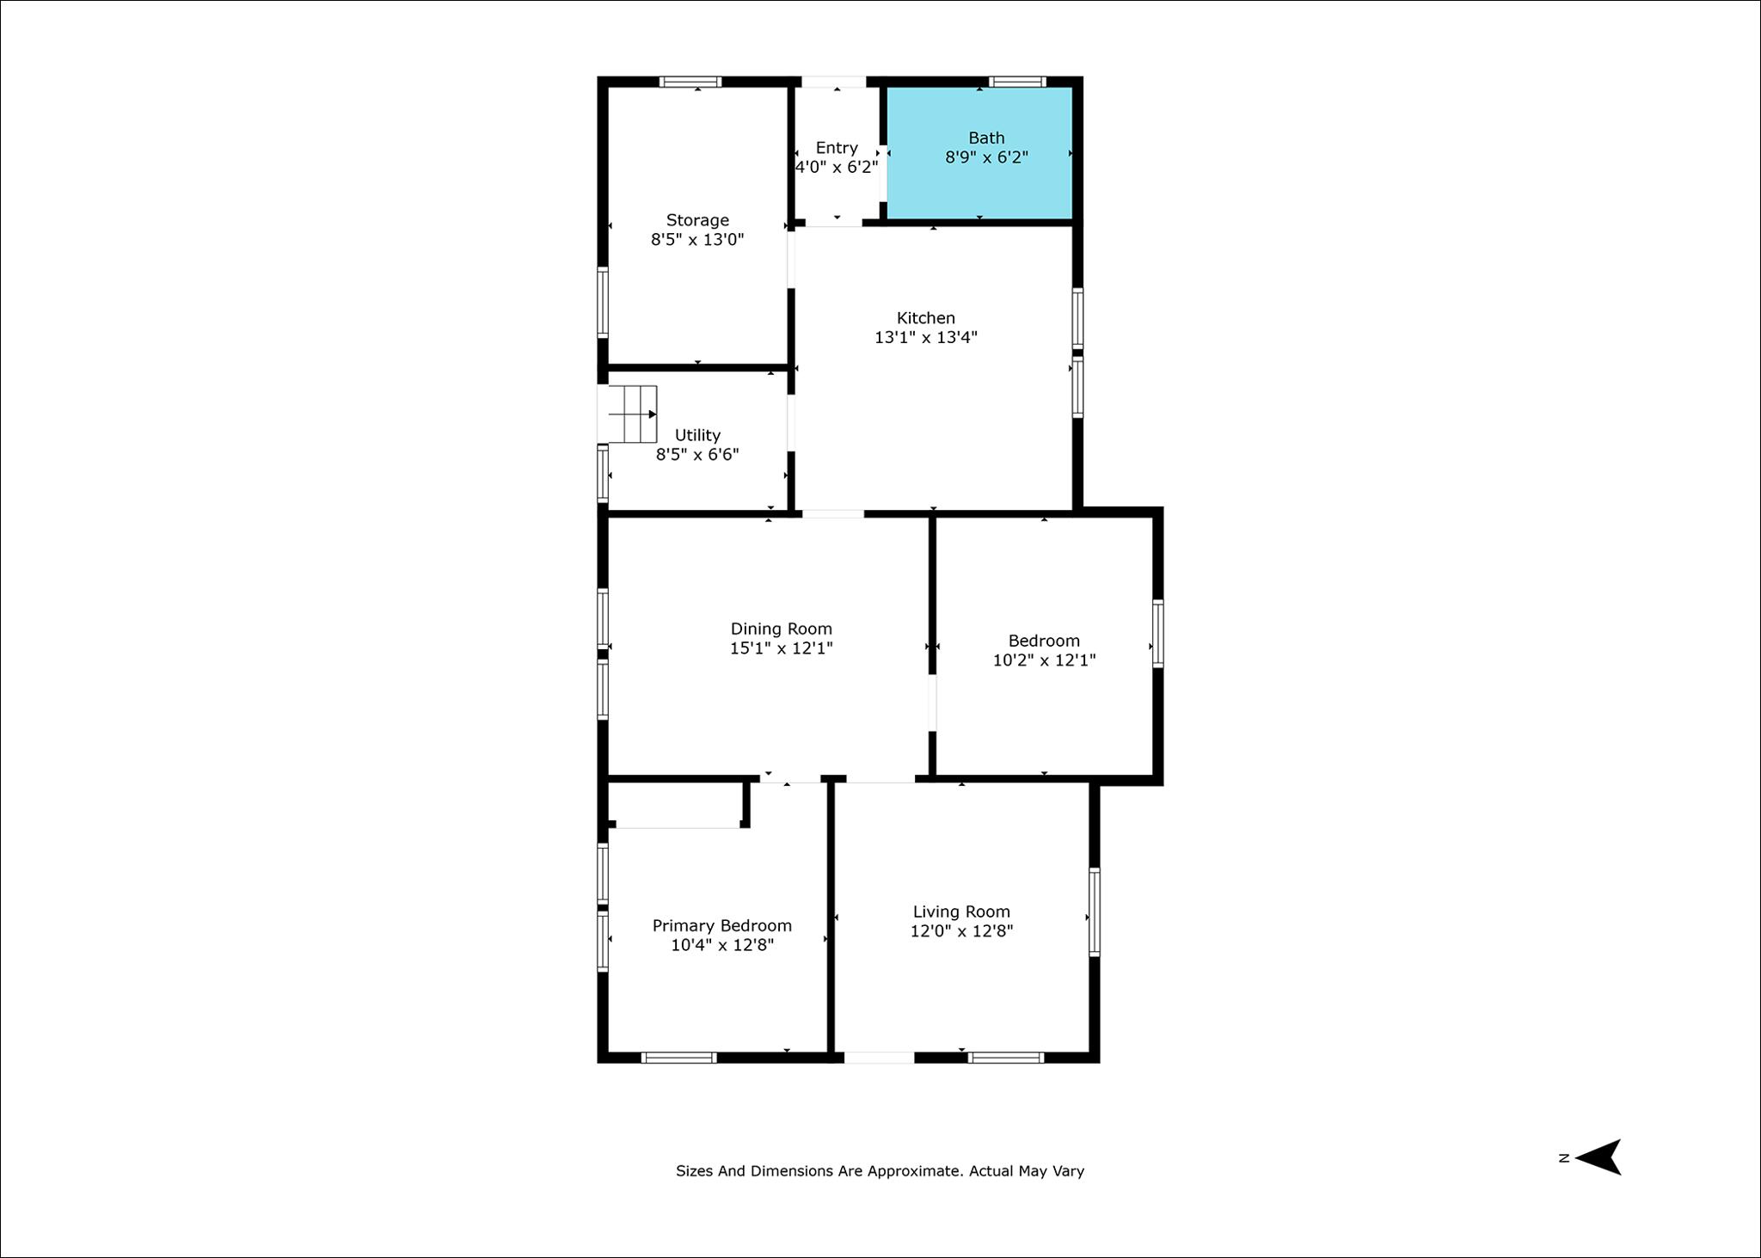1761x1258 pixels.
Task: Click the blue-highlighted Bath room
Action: pyautogui.click(x=979, y=152)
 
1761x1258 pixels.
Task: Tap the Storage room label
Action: pyautogui.click(x=697, y=220)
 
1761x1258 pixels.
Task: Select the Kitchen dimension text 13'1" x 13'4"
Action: pyautogui.click(x=926, y=337)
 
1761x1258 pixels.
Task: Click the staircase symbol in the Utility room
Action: pyautogui.click(x=632, y=414)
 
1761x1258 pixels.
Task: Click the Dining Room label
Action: pyautogui.click(x=782, y=629)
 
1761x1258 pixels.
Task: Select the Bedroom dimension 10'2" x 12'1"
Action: pyautogui.click(x=1044, y=660)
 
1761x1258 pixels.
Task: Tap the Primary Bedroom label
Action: pyautogui.click(x=722, y=926)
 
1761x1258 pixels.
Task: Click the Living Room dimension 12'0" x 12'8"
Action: pyautogui.click(x=961, y=931)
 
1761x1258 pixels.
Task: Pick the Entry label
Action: pyautogui.click(x=837, y=148)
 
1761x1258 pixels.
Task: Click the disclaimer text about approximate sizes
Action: pyautogui.click(x=880, y=1171)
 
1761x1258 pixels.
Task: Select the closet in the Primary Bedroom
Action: pyautogui.click(x=676, y=804)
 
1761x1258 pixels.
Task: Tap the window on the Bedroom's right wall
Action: pyautogui.click(x=1158, y=634)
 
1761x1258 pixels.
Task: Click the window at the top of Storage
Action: pyautogui.click(x=690, y=82)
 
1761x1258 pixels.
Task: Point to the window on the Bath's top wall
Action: pyautogui.click(x=1017, y=82)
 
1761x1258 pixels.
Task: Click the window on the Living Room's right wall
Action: pyautogui.click(x=1095, y=912)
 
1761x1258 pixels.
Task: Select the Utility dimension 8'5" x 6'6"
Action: pyautogui.click(x=697, y=455)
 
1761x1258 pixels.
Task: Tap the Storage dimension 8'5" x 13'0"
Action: pyautogui.click(x=697, y=240)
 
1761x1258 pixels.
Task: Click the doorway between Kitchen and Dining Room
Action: pyautogui.click(x=833, y=514)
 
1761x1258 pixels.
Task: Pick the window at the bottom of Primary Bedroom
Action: pyautogui.click(x=679, y=1058)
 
